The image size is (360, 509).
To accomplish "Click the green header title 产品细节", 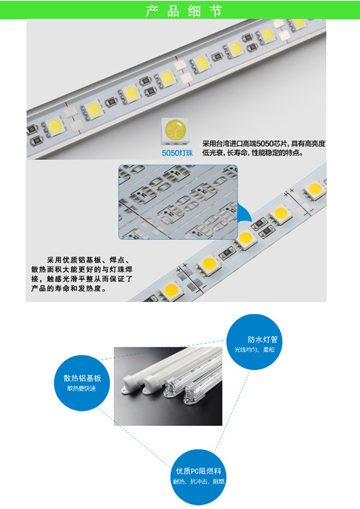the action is (184, 11).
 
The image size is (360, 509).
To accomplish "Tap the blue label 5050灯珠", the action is (177, 153).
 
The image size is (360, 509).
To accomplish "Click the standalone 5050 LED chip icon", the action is (175, 131).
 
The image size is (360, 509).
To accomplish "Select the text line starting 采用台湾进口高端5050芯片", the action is (264, 144).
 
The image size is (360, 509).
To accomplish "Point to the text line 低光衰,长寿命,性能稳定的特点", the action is (253, 153).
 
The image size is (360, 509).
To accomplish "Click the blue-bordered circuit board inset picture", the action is (178, 202).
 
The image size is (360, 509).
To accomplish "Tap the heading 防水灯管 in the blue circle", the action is (263, 340).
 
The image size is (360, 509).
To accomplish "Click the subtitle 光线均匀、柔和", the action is (255, 350).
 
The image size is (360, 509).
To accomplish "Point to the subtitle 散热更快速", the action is (82, 388).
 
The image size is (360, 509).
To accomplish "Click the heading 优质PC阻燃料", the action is (199, 471).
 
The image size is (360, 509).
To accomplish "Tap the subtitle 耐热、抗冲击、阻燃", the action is (199, 481).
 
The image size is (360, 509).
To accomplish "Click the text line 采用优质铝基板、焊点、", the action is (88, 260).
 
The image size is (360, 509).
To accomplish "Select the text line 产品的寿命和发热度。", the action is (69, 288).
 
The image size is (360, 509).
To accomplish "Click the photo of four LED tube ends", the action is (168, 386).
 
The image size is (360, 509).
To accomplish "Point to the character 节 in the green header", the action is (216, 11).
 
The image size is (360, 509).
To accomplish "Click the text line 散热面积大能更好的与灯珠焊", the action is (82, 270).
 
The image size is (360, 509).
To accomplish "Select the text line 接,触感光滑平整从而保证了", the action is (82, 279).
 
